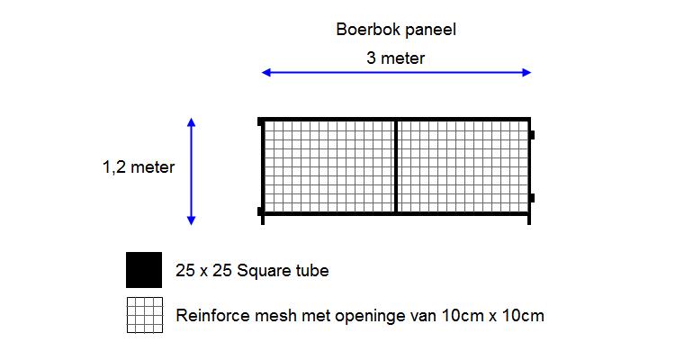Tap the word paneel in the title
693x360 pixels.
(429, 30)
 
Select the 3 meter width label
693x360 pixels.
(395, 58)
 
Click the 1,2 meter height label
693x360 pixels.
(139, 166)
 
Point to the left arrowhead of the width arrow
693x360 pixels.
(265, 73)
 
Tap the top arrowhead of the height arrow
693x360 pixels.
(191, 121)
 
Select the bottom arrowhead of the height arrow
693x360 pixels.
(191, 220)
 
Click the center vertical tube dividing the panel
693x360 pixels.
(396, 166)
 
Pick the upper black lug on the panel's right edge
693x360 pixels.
(531, 135)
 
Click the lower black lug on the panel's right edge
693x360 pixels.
(531, 198)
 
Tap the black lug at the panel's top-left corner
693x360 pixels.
(260, 121)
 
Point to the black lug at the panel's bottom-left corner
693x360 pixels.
(260, 211)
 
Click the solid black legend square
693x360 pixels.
(144, 270)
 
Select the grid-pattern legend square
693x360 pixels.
(144, 315)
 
